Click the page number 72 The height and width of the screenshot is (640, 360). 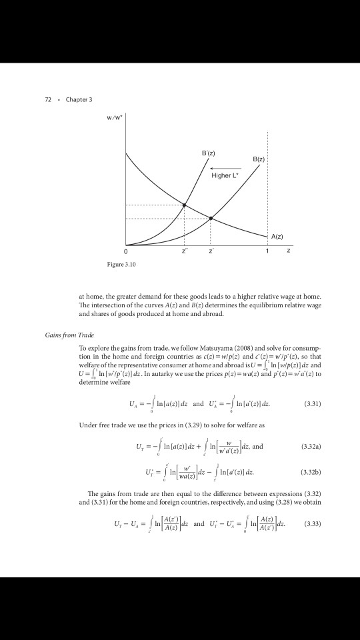point(48,99)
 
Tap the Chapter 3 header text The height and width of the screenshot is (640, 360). point(79,99)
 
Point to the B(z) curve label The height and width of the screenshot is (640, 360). point(259,160)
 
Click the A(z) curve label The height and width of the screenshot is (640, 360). point(278,237)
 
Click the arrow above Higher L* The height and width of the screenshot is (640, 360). point(225,168)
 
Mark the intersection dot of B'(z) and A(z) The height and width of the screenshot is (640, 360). point(185,204)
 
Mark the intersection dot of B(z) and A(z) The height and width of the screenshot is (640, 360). point(211,218)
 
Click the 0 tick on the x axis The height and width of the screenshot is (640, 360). point(125,252)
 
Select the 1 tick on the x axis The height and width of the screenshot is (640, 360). point(267,252)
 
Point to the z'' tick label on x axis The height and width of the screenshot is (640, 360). point(185,252)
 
